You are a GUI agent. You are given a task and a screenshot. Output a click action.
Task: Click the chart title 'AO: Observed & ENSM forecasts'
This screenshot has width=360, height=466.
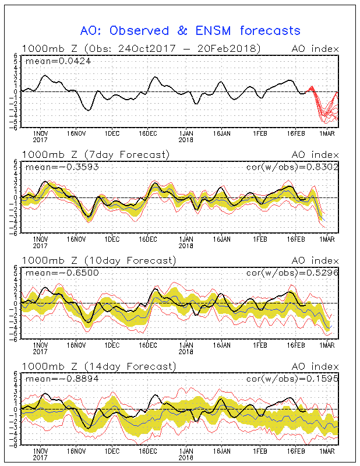tap(190, 30)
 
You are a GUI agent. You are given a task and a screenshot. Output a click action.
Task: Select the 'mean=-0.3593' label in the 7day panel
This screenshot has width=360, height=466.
tap(55, 167)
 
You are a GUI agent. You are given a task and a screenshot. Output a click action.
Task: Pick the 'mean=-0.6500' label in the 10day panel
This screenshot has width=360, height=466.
tap(55, 273)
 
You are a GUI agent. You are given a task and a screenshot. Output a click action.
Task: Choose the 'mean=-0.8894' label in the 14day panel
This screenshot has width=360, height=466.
tap(55, 379)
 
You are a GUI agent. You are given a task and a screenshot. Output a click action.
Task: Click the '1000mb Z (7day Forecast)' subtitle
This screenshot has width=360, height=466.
tap(96, 154)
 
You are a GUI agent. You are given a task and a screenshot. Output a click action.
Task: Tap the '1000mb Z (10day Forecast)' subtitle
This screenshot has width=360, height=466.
tap(98, 260)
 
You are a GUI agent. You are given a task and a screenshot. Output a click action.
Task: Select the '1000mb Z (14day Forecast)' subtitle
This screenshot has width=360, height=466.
tap(98, 366)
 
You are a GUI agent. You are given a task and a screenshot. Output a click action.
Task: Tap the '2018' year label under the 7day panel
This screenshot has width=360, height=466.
tap(186, 246)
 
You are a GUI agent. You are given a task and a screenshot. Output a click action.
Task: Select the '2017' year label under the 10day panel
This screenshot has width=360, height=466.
tap(40, 352)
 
